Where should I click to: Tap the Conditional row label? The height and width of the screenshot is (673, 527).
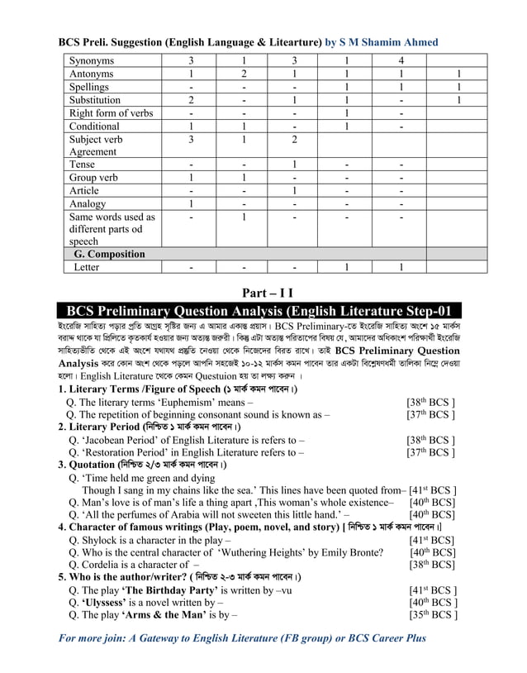[94, 126]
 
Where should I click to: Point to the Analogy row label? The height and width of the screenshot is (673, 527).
[88, 203]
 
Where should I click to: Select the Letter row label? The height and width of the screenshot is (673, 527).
[86, 268]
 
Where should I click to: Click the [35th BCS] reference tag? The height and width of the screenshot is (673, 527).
[433, 616]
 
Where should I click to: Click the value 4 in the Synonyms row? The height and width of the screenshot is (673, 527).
[401, 61]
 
